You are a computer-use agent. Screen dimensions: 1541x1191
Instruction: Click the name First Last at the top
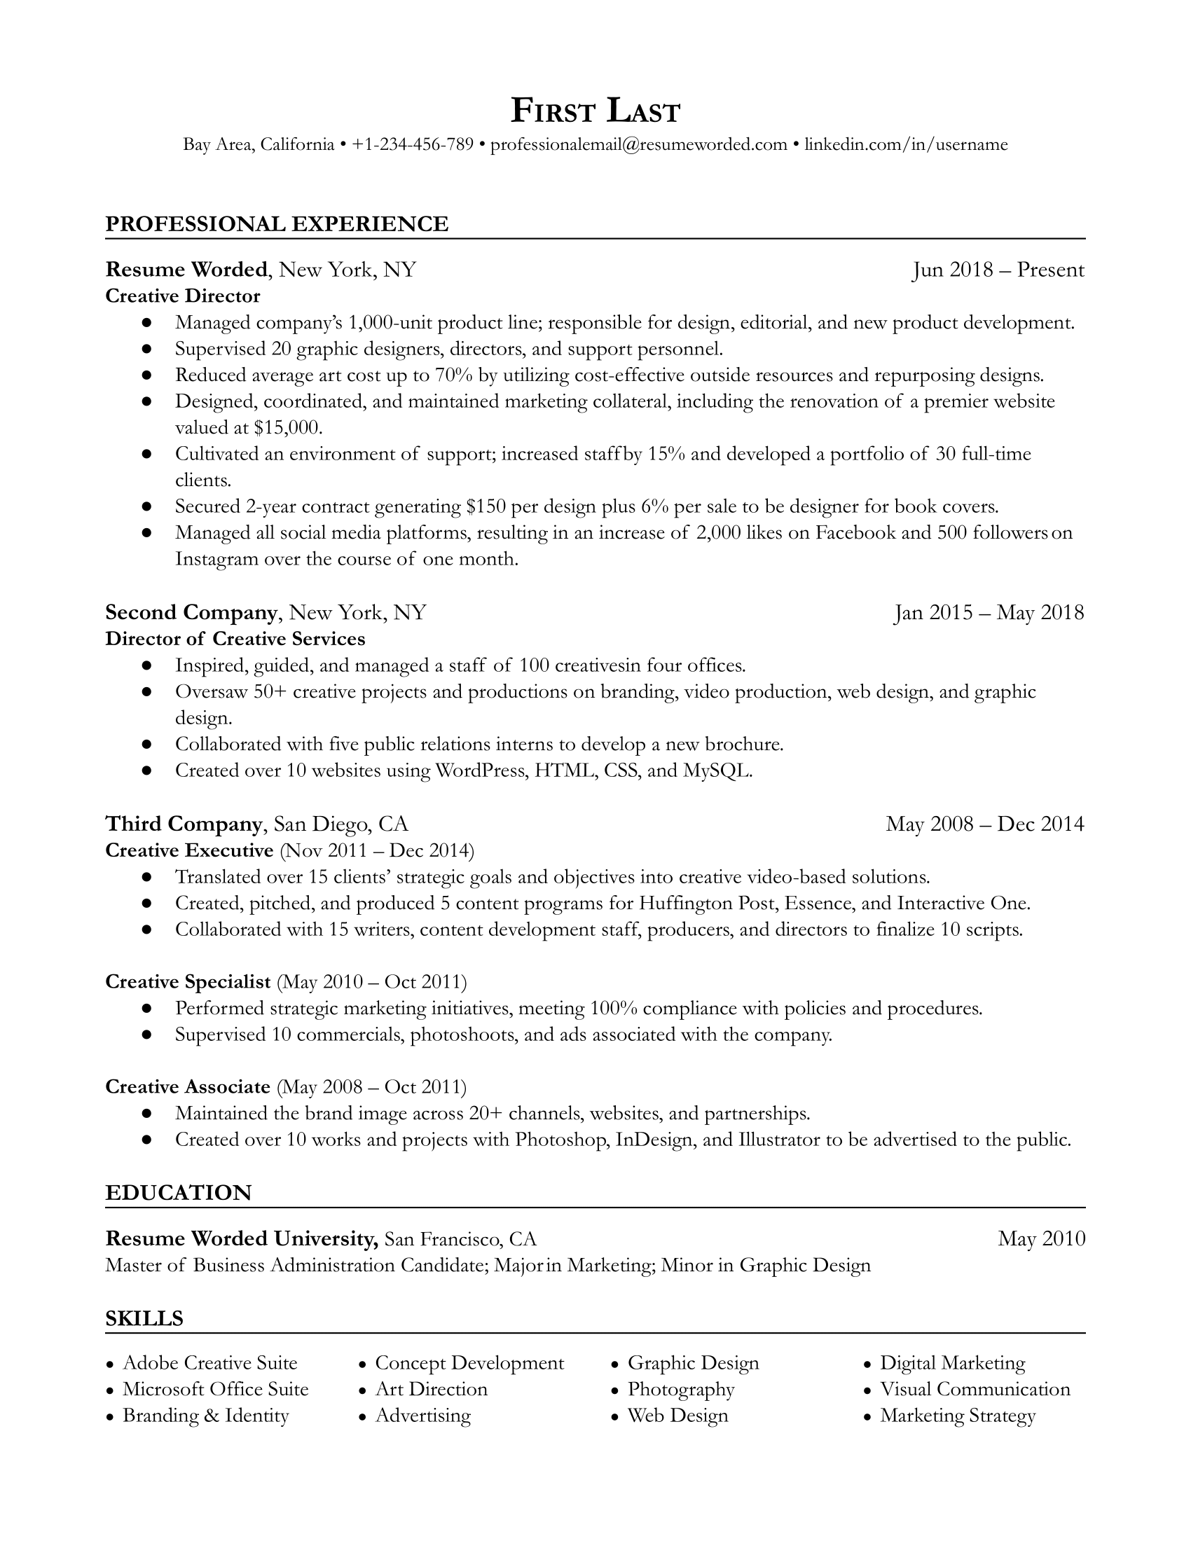595,111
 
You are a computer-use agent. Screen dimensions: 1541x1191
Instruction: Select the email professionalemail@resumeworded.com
638,145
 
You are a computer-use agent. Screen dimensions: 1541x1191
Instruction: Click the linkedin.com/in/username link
906,145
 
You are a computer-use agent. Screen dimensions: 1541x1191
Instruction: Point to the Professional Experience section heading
277,223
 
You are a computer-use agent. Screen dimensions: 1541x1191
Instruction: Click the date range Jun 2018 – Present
998,270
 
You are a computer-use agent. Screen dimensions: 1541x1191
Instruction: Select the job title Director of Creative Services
235,639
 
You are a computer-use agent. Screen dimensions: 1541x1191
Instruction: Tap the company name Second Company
191,611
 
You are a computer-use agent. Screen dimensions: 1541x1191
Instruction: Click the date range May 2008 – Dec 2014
984,824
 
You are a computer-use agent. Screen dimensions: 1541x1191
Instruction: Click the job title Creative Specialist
188,981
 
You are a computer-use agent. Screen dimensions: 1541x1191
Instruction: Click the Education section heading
179,1192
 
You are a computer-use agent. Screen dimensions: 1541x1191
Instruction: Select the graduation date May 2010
1040,1238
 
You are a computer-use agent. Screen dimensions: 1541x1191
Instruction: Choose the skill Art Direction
431,1388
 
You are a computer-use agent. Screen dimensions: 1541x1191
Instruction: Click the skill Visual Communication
975,1388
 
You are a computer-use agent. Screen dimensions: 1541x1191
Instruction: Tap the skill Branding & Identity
205,1415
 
